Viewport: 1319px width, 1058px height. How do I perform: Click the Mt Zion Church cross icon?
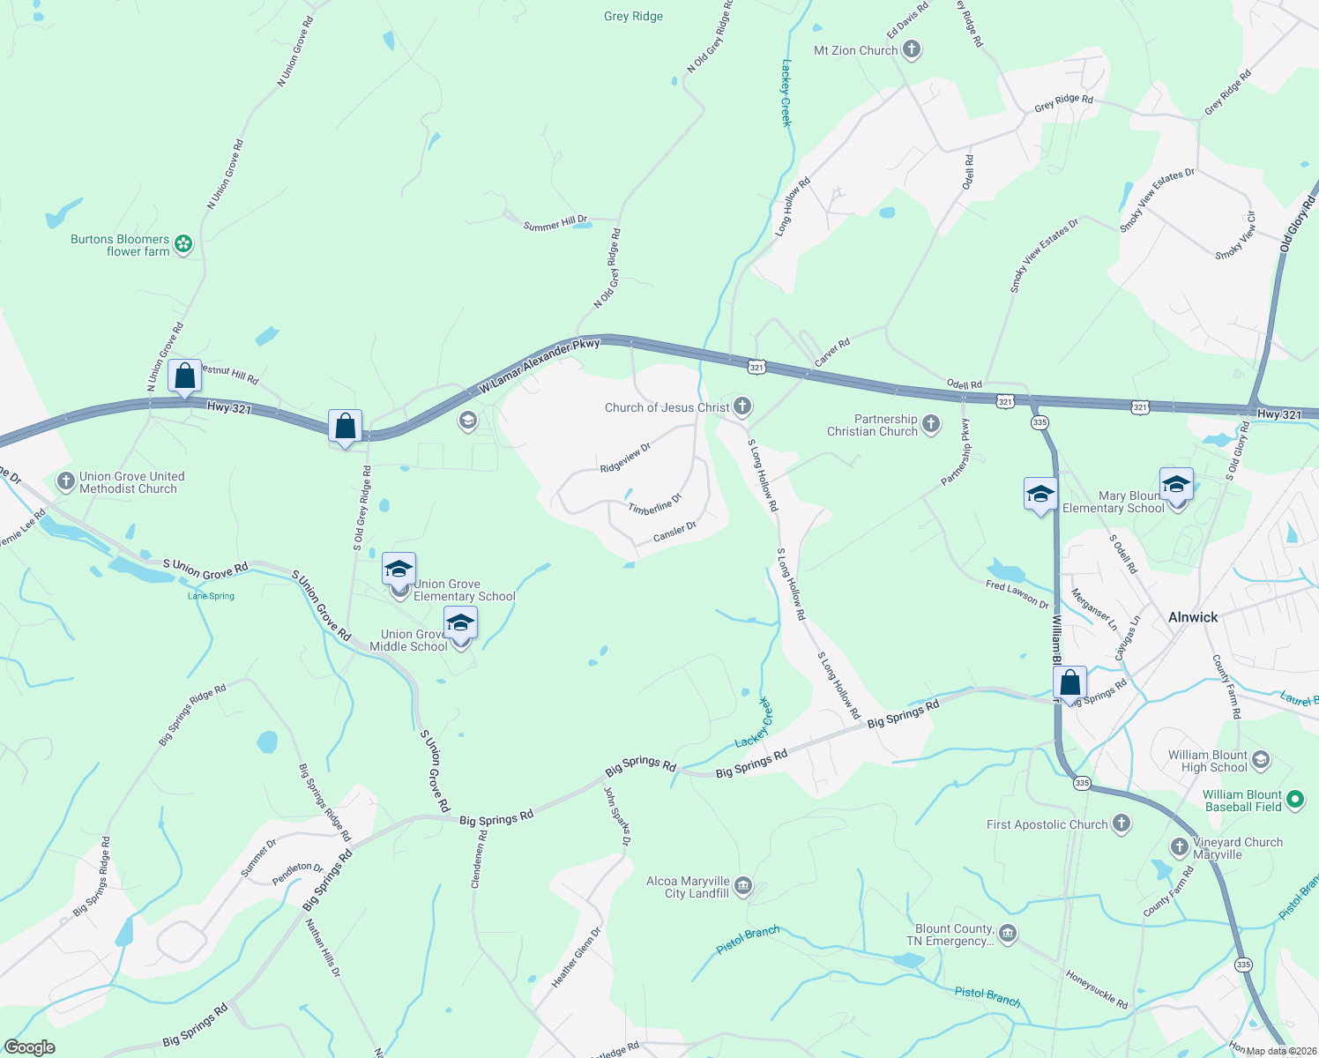pyautogui.click(x=912, y=50)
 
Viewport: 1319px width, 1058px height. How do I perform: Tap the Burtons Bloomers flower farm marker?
pyautogui.click(x=183, y=244)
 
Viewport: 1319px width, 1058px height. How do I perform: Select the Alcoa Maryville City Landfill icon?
pyautogui.click(x=743, y=886)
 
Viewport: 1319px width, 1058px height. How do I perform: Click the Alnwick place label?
pyautogui.click(x=1192, y=617)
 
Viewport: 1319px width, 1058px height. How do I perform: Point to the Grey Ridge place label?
pyautogui.click(x=633, y=16)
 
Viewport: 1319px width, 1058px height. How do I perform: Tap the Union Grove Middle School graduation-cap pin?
pyautogui.click(x=460, y=623)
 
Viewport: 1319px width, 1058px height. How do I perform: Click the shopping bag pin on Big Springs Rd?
pyautogui.click(x=1069, y=683)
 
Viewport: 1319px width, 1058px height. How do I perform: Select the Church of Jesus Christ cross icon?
pyautogui.click(x=742, y=406)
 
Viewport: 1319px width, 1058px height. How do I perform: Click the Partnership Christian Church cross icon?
pyautogui.click(x=931, y=426)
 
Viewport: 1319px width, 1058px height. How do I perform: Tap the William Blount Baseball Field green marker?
pyautogui.click(x=1294, y=800)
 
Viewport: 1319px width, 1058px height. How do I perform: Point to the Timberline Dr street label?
pyautogui.click(x=655, y=505)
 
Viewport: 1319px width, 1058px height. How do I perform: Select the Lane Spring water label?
pyautogui.click(x=212, y=596)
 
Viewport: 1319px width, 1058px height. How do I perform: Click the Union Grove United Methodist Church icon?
pyautogui.click(x=66, y=481)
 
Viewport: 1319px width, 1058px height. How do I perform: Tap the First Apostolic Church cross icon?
pyautogui.click(x=1121, y=824)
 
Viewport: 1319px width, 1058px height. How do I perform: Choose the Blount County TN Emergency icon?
pyautogui.click(x=1008, y=934)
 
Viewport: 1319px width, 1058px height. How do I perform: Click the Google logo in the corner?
pyautogui.click(x=30, y=1047)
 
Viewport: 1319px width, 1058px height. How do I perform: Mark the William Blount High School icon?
pyautogui.click(x=1261, y=760)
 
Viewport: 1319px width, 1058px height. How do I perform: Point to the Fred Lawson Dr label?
pyautogui.click(x=1017, y=594)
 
